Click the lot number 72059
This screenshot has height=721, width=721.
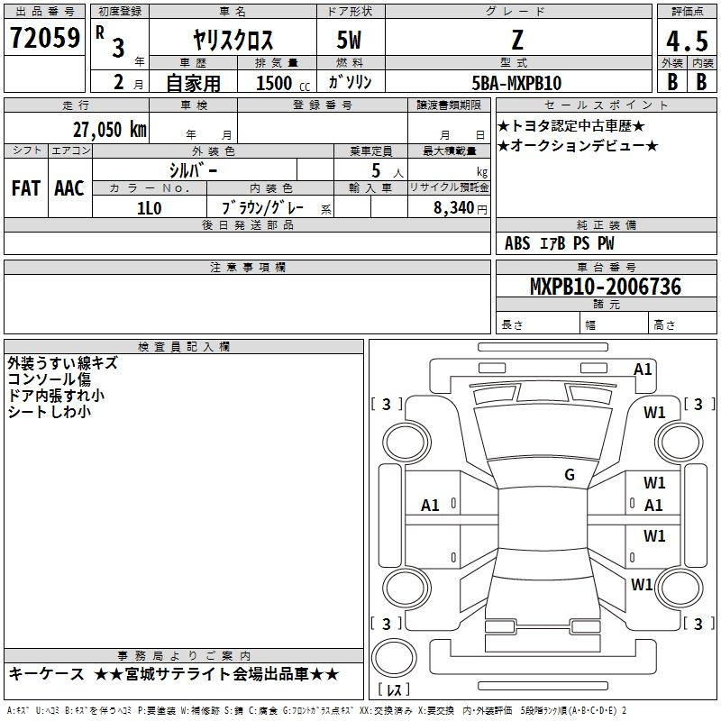click(44, 38)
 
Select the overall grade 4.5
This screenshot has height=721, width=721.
click(687, 41)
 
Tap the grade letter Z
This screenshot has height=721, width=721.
click(517, 40)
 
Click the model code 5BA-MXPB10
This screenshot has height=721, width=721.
click(516, 83)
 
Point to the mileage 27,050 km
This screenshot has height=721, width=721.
click(110, 130)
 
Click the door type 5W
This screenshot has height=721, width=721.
click(349, 40)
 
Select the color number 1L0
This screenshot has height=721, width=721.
click(150, 208)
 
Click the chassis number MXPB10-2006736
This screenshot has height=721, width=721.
click(606, 287)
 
